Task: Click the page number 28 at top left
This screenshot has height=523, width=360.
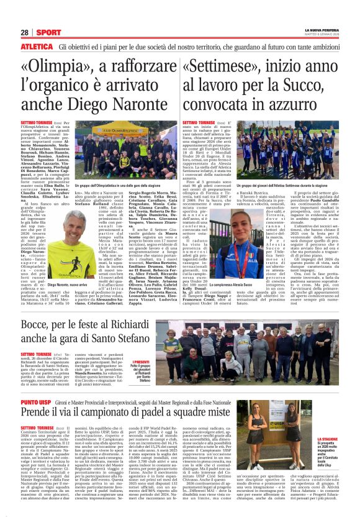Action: (x=25, y=32)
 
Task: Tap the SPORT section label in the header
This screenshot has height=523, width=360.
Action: (x=47, y=32)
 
